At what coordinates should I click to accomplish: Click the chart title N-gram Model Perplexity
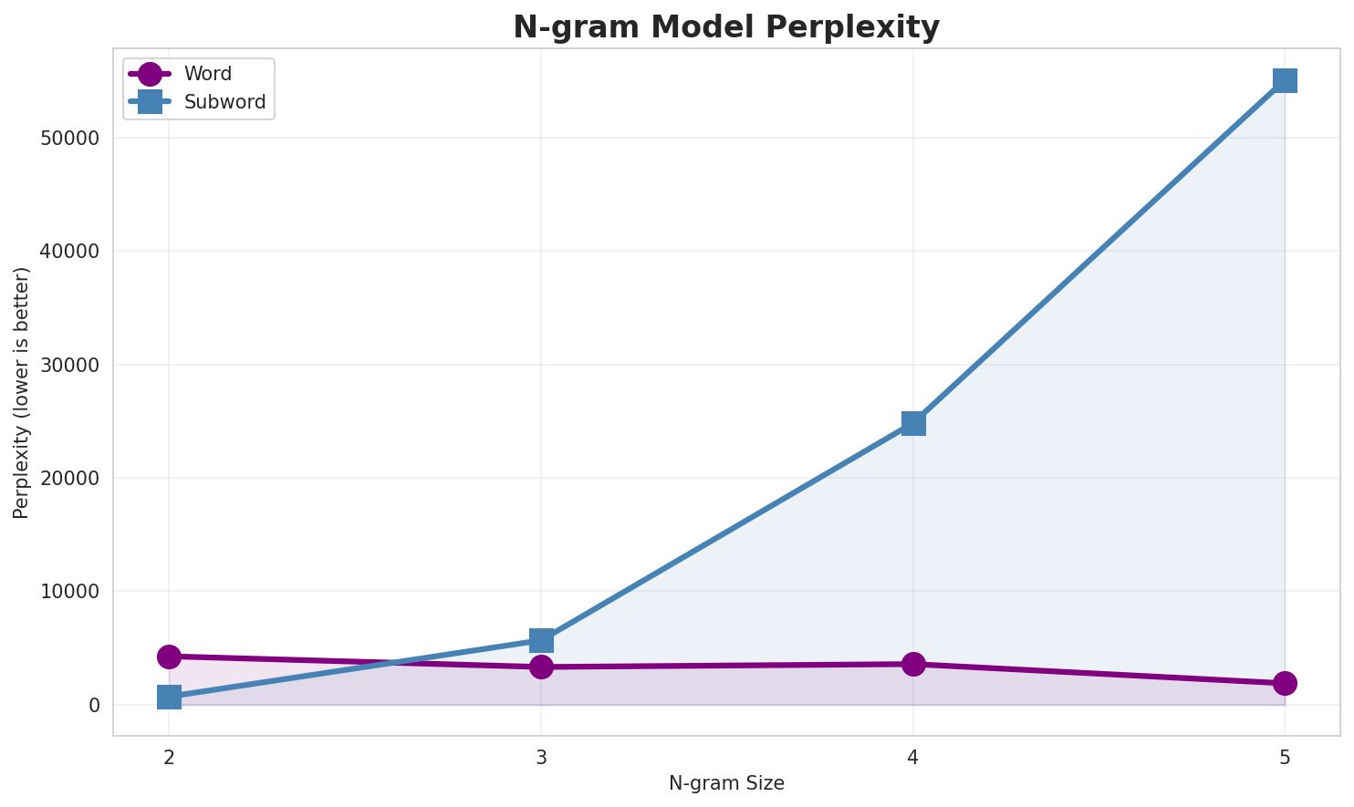tap(725, 27)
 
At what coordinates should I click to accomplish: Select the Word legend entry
tap(207, 74)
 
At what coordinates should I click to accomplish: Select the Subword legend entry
tap(224, 102)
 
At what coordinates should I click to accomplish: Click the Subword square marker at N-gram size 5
tap(1285, 80)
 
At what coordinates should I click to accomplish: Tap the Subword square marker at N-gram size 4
tap(913, 423)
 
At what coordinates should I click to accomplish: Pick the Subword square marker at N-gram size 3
tap(541, 640)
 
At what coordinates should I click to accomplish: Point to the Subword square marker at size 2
tap(169, 698)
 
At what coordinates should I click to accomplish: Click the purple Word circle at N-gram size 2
tap(169, 657)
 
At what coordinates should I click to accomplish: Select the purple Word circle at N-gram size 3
tap(541, 667)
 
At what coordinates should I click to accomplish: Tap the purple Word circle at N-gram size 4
tap(913, 664)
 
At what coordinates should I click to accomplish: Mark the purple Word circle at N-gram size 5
tap(1285, 683)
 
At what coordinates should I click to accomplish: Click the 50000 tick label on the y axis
tap(69, 139)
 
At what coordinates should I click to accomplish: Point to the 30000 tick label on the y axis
tap(69, 365)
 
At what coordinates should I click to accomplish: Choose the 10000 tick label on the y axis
tap(69, 592)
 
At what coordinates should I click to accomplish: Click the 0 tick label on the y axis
tap(94, 705)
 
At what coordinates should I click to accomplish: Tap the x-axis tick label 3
tap(541, 757)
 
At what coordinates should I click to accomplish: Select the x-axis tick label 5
tap(1285, 757)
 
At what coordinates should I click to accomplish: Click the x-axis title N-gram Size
tap(726, 783)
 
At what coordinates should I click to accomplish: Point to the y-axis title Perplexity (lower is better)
tap(22, 392)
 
